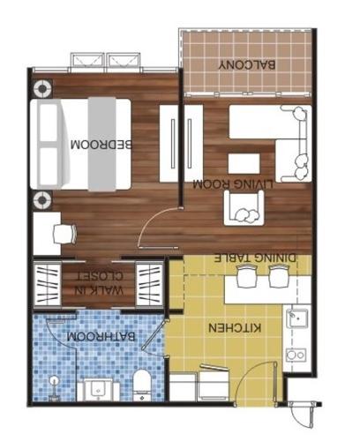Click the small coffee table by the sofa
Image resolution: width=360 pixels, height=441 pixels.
tap(244, 164)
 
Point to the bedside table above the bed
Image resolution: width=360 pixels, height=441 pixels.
tap(41, 88)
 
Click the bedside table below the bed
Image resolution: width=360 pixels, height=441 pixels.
tap(41, 200)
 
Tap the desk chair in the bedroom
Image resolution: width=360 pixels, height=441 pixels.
tap(62, 233)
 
